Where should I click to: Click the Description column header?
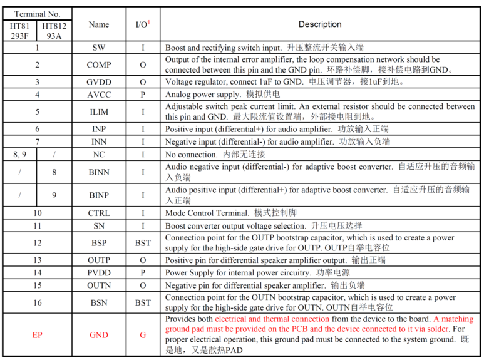[x=320, y=24]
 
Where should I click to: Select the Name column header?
[x=99, y=24]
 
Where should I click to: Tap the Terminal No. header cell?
[x=37, y=14]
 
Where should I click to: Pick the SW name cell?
[x=99, y=48]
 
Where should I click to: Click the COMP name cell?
[x=99, y=64]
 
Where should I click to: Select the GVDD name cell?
[x=99, y=82]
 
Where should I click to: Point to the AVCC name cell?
[x=99, y=95]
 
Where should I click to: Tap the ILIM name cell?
[x=99, y=111]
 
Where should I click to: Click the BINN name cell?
[x=99, y=172]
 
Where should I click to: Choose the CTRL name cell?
[x=99, y=213]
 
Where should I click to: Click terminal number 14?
[x=38, y=273]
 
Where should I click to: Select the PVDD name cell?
[x=99, y=273]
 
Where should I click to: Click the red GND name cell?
[x=99, y=335]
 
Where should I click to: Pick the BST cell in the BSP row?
[x=143, y=243]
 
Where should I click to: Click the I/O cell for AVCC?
[x=143, y=95]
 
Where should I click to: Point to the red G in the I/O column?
[x=143, y=335]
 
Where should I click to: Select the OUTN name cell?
[x=99, y=285]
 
